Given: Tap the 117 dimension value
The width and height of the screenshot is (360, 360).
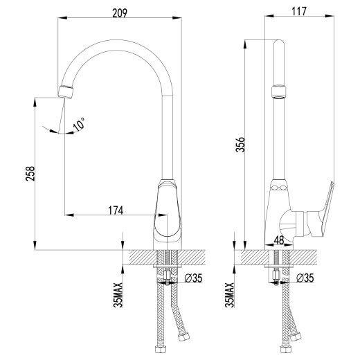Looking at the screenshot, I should (x=298, y=11).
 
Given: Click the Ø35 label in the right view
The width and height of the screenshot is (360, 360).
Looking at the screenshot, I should (x=305, y=278).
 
